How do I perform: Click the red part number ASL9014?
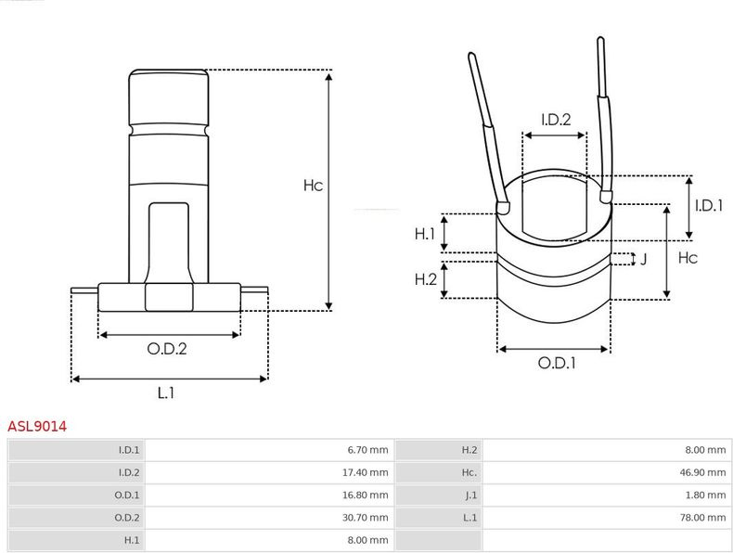[37, 427]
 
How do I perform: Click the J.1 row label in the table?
[470, 495]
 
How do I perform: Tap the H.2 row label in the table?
[469, 451]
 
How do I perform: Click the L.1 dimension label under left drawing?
[166, 392]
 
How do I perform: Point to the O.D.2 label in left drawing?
[167, 349]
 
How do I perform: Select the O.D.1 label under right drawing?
[557, 363]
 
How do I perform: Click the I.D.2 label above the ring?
[555, 119]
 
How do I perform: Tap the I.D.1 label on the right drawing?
[709, 206]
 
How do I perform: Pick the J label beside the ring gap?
[643, 259]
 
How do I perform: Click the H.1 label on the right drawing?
[425, 234]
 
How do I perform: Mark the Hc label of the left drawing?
[313, 186]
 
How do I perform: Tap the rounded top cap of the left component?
[167, 93]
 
